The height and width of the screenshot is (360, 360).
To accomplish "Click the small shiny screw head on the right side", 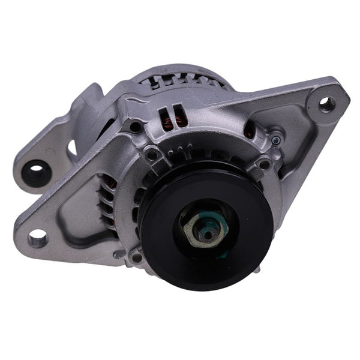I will pyautogui.click(x=275, y=140).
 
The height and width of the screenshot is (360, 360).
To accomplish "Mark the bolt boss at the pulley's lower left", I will pyautogui.click(x=136, y=257).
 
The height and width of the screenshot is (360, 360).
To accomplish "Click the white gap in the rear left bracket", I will pyautogui.click(x=72, y=146).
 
